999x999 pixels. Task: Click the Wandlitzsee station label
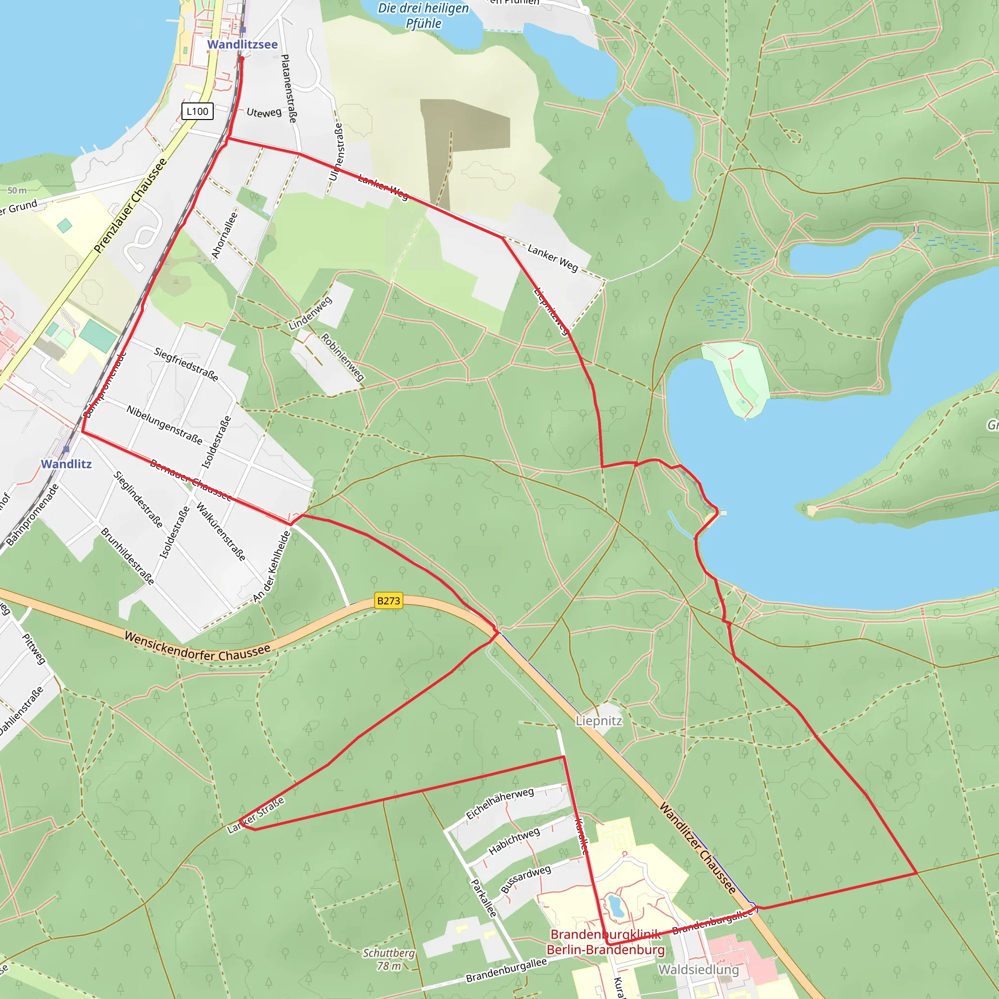tap(242, 44)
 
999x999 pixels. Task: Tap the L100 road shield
tap(197, 111)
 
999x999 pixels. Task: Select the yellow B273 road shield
tap(388, 600)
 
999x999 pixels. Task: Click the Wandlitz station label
tap(66, 464)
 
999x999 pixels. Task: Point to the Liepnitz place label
tap(599, 721)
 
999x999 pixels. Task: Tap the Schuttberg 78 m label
tap(389, 959)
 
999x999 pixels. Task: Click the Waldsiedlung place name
tap(698, 970)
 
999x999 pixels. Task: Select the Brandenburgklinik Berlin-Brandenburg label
tap(605, 942)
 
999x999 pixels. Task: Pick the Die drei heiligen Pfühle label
tap(423, 16)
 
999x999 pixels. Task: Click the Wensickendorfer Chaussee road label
tap(198, 646)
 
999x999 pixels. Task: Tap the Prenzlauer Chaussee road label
tap(130, 205)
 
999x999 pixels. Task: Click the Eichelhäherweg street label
tap(499, 803)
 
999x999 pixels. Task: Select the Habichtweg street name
tap(514, 841)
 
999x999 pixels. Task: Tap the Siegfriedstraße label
tap(186, 364)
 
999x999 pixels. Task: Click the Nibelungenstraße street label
tap(164, 424)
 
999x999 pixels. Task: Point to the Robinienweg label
tap(343, 357)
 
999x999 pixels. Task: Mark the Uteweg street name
tap(264, 112)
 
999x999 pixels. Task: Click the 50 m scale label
tap(17, 190)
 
